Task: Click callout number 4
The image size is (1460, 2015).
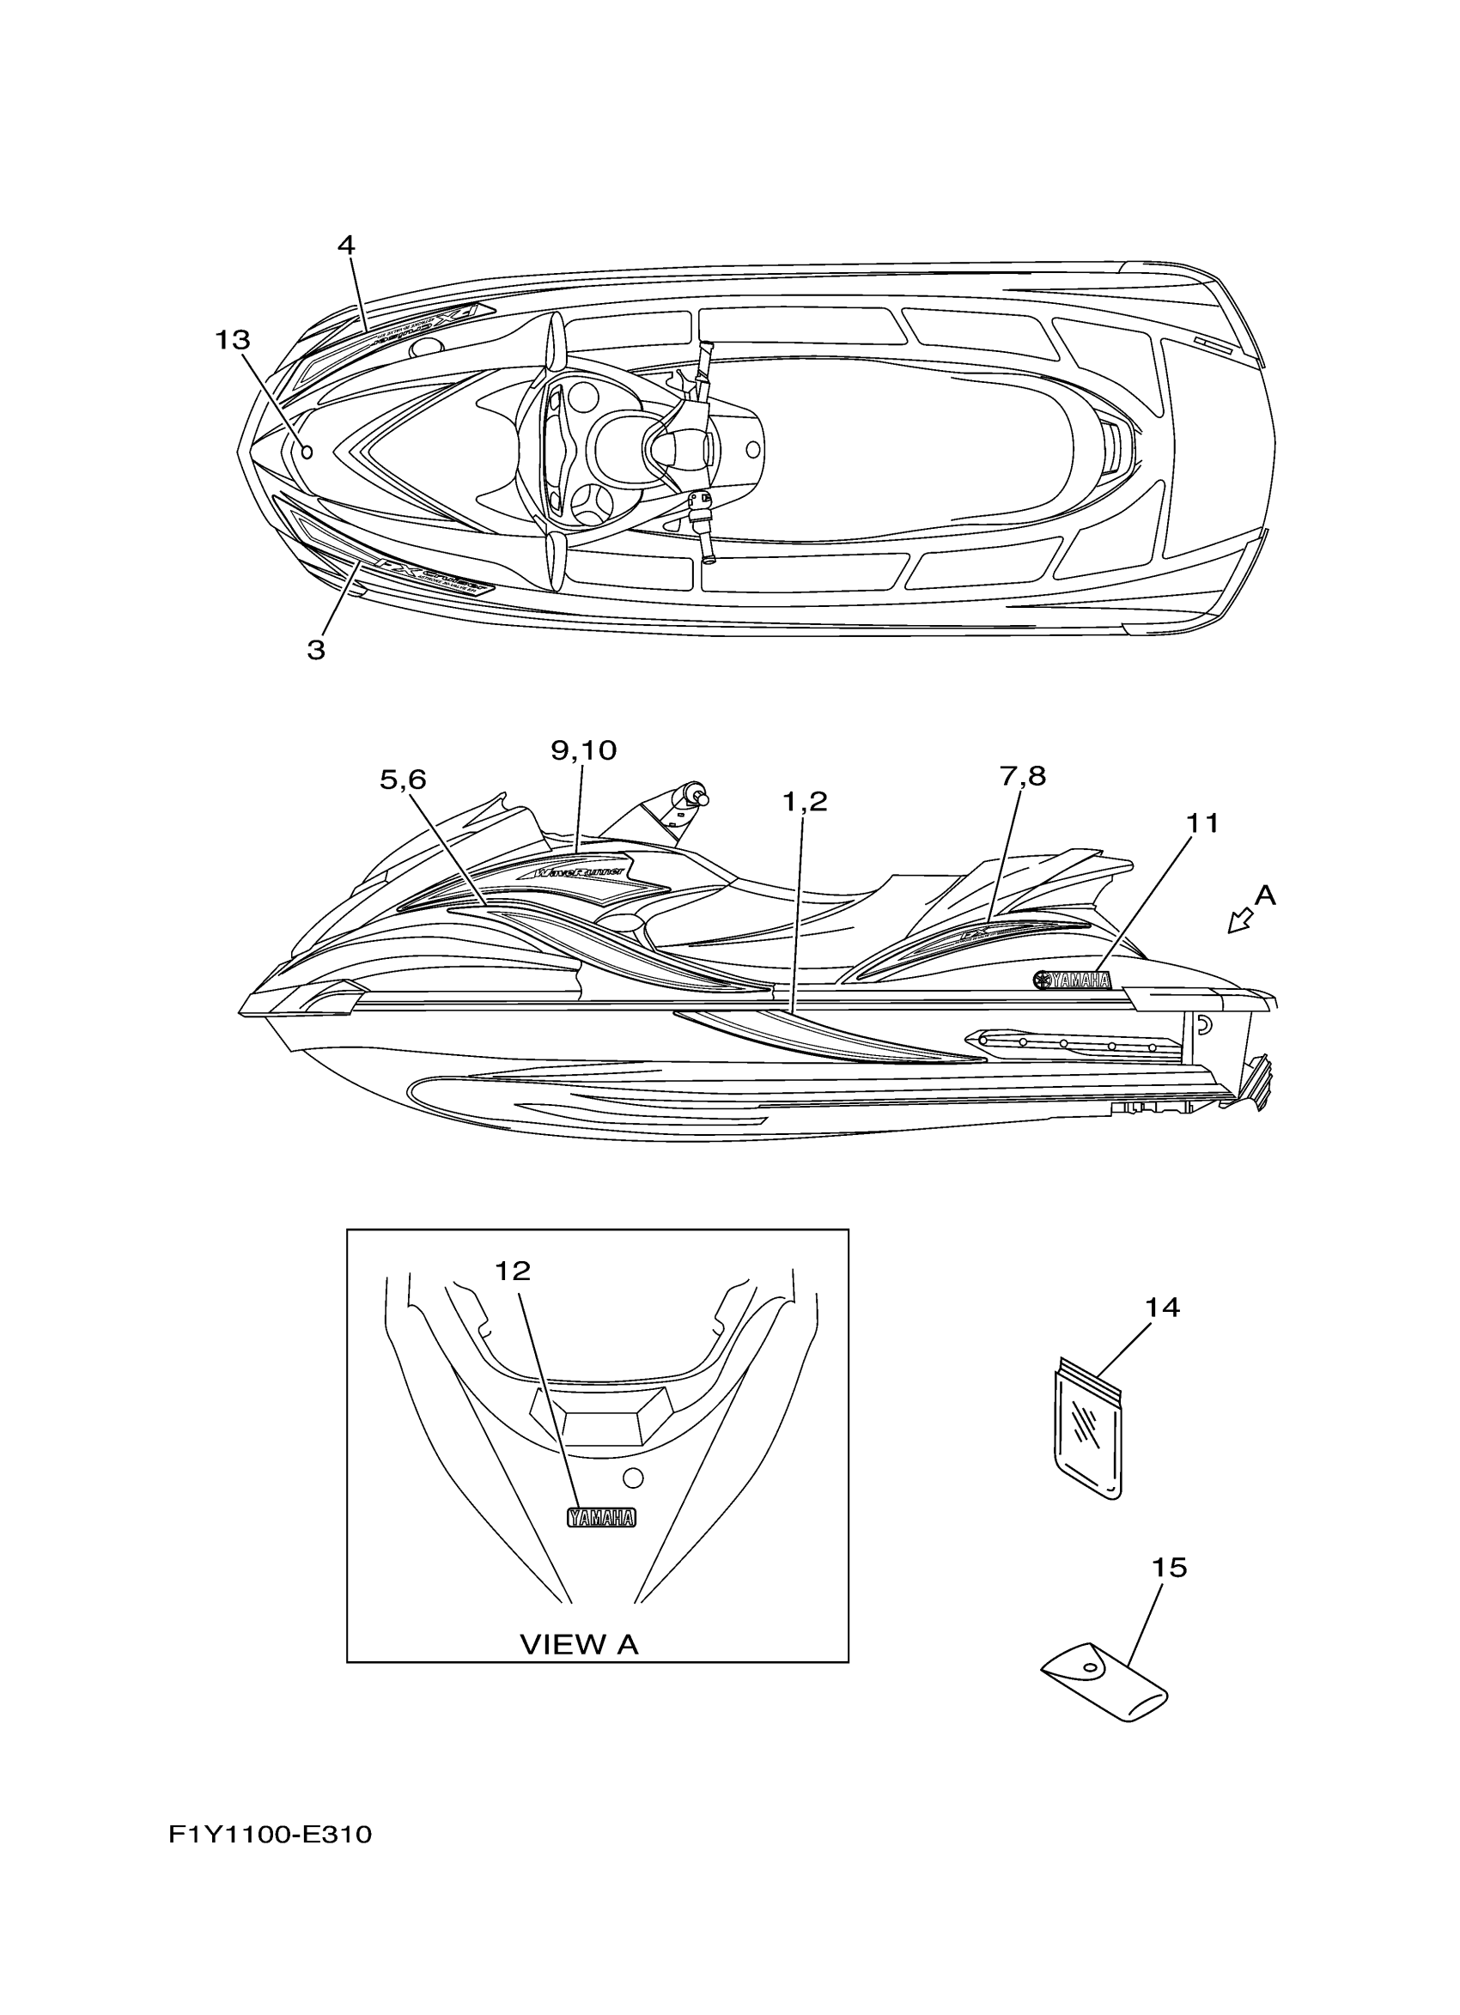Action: (345, 246)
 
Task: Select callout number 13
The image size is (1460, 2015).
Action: (233, 340)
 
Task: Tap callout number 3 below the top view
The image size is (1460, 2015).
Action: (316, 650)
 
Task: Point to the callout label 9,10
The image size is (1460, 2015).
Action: (584, 750)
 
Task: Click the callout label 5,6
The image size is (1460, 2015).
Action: (404, 780)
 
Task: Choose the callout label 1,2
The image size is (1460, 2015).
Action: (805, 802)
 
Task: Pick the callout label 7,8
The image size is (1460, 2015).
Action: (1023, 776)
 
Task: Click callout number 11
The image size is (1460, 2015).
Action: (1203, 823)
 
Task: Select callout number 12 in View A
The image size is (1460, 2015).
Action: (513, 1272)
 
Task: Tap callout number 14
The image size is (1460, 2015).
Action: (1162, 1308)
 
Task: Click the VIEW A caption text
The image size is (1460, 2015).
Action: (580, 1644)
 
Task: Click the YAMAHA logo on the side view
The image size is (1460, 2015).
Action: (1073, 980)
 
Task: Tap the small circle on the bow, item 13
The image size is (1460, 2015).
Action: (307, 452)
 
